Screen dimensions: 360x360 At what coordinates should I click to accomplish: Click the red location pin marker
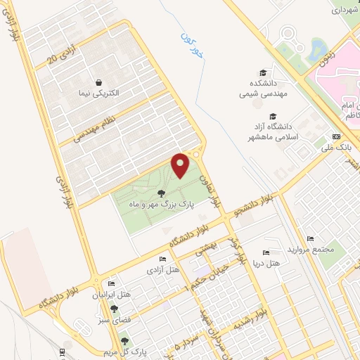pyautogui.click(x=181, y=166)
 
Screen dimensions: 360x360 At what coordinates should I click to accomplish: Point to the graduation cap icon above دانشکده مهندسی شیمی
pyautogui.click(x=263, y=72)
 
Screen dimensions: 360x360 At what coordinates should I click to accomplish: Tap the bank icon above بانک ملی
pyautogui.click(x=336, y=136)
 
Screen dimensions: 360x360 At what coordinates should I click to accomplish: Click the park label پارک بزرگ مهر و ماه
pyautogui.click(x=160, y=204)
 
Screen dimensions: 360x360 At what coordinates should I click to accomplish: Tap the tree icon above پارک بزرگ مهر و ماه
pyautogui.click(x=161, y=193)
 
